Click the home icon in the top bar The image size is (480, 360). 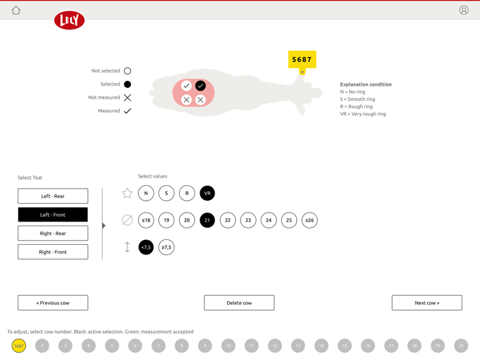16,10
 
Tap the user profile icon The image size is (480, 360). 464,10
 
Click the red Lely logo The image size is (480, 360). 69,21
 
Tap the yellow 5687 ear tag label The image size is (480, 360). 302,60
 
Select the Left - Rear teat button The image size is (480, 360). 53,196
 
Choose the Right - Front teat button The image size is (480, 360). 53,252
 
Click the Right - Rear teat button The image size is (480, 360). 53,233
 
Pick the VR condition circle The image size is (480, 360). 207,193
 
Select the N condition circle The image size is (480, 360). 146,193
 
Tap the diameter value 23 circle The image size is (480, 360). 248,220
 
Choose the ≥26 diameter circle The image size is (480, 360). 309,220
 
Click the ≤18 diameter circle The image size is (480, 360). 146,220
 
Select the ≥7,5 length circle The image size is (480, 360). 167,247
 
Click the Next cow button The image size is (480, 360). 427,302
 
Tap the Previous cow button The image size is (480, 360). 53,302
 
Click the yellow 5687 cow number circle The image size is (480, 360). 19,346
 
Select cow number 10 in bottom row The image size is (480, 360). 228,346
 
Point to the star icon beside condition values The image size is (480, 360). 127,193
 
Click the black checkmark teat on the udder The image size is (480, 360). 200,86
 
